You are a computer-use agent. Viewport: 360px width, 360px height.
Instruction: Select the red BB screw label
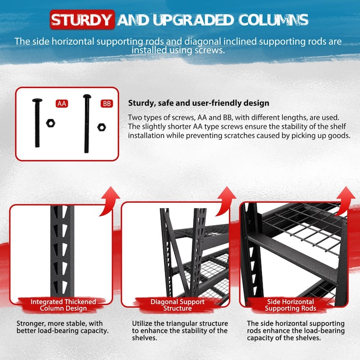(x=107, y=103)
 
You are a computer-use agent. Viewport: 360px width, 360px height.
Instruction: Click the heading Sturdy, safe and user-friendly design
(x=198, y=103)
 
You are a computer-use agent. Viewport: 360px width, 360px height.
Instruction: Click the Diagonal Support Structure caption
(x=177, y=305)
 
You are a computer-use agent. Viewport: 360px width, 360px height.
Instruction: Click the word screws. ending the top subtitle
(x=208, y=51)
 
